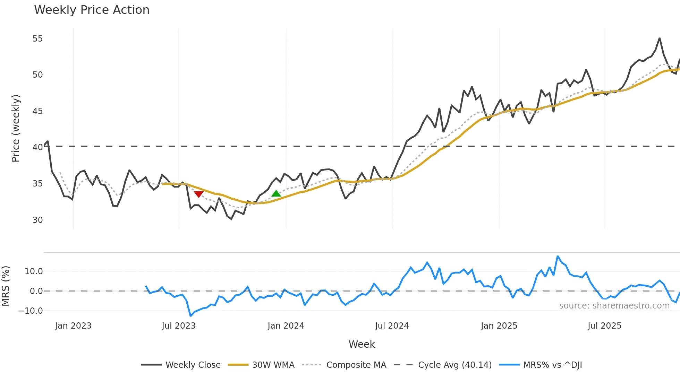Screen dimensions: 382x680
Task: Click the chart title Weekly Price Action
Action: coord(92,10)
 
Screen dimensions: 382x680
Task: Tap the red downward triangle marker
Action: coord(198,194)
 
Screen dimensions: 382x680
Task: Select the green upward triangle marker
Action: coord(276,193)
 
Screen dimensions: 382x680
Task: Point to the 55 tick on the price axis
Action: coord(37,39)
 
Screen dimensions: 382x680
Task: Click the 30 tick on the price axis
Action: coord(37,220)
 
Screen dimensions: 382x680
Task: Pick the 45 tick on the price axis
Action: coord(37,111)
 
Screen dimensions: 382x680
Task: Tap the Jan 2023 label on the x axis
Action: coord(73,326)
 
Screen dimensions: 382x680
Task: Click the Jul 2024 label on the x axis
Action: coord(392,326)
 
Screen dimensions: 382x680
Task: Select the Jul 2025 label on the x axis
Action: coord(604,326)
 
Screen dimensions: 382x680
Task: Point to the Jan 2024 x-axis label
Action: coord(286,326)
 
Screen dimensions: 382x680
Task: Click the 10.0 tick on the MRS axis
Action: coord(34,271)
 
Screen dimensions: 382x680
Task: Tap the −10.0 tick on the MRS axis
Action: coord(31,311)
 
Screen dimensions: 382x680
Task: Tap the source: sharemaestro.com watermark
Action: coord(614,306)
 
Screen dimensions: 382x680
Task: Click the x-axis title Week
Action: coord(362,344)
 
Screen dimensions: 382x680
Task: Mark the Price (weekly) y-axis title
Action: coord(16,128)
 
